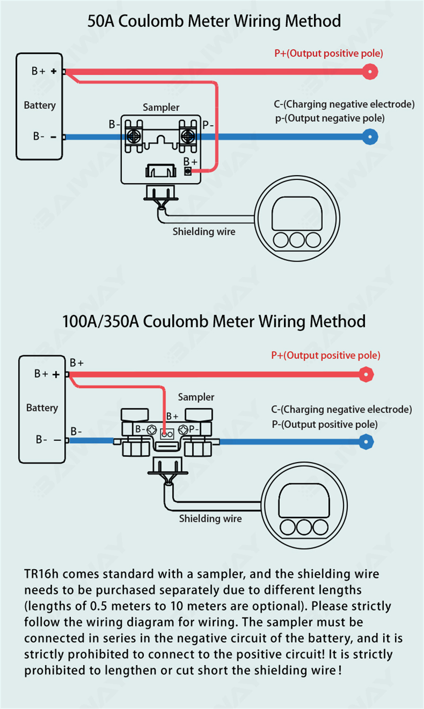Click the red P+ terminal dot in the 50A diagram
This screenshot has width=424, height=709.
(370, 72)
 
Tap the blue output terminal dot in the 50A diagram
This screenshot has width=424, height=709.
(370, 137)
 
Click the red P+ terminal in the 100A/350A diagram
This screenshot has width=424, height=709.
(366, 374)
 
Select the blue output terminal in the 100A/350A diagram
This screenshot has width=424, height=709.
(366, 442)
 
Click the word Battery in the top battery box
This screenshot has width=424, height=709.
(40, 105)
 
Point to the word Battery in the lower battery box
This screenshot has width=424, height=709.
(42, 408)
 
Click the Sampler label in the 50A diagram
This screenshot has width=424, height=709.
(161, 108)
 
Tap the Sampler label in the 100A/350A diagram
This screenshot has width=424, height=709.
(196, 397)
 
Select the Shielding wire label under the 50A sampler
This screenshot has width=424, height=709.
(204, 232)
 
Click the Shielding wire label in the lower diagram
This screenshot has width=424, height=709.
(210, 519)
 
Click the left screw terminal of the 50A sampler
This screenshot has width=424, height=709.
(134, 136)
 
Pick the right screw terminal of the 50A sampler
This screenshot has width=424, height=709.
(187, 136)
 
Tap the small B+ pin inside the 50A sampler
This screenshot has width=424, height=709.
(187, 171)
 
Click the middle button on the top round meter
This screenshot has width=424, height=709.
(297, 240)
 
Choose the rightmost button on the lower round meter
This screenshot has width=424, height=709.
(320, 527)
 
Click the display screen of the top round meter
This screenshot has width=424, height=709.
(297, 214)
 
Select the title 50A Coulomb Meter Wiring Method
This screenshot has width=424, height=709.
(214, 21)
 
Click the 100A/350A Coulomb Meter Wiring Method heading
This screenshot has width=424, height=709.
(214, 322)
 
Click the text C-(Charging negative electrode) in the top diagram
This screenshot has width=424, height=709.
(344, 104)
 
